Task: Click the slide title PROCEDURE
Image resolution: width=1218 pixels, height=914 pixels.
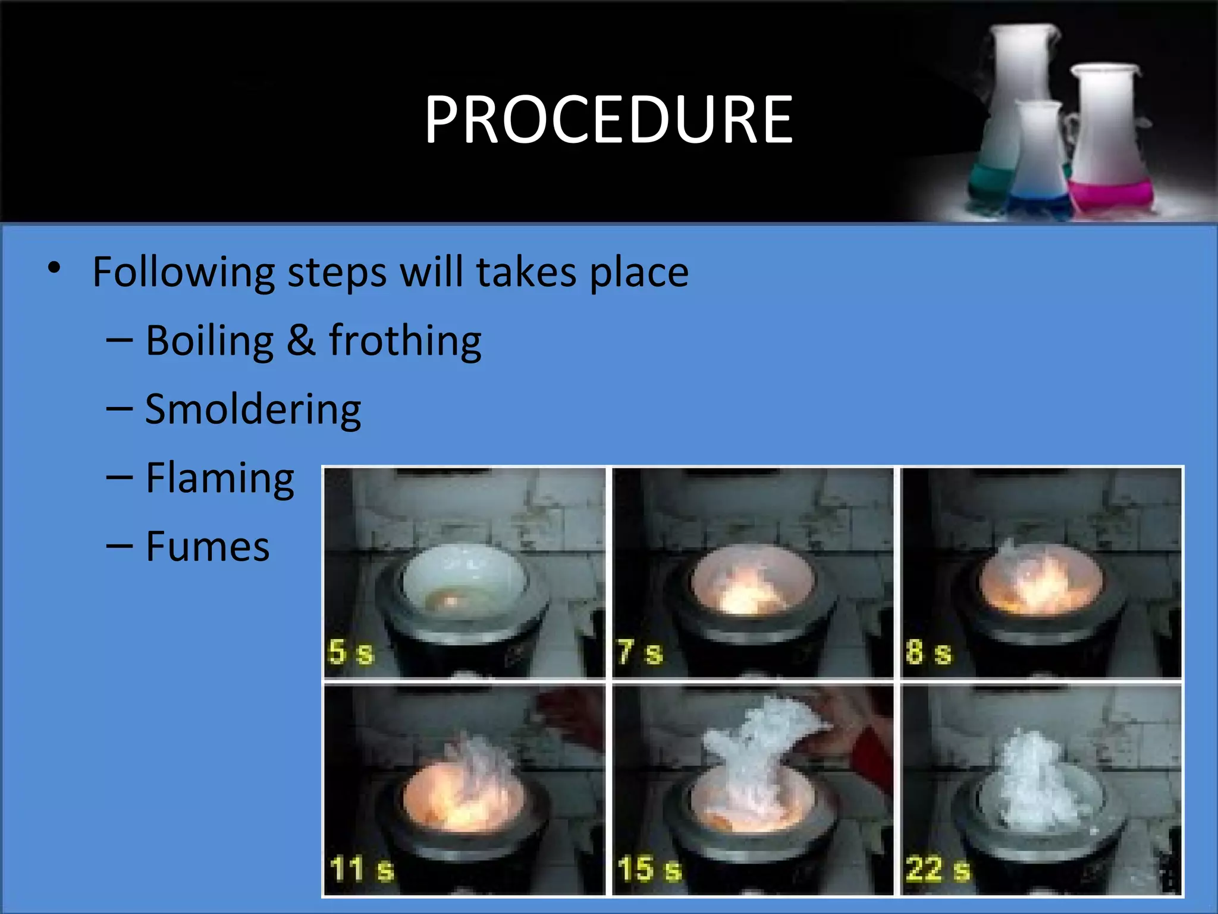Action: pyautogui.click(x=608, y=120)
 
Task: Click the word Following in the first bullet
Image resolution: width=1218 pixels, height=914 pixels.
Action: pyautogui.click(x=183, y=273)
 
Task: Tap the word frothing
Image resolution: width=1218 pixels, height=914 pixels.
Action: pyautogui.click(x=405, y=341)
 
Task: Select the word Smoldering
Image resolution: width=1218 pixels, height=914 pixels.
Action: pyautogui.click(x=253, y=410)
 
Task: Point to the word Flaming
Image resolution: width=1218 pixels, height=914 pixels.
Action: pyautogui.click(x=220, y=478)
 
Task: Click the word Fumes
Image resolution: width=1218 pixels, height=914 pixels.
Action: pyautogui.click(x=208, y=547)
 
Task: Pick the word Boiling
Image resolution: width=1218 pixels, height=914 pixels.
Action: pyautogui.click(x=209, y=341)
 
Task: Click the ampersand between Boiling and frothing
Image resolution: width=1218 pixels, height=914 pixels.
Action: pyautogui.click(x=301, y=341)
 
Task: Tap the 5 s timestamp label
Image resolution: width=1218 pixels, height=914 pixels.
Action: pyautogui.click(x=351, y=652)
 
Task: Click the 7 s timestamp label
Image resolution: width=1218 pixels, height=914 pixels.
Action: pyautogui.click(x=640, y=652)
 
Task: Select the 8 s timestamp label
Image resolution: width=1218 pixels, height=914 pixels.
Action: pyautogui.click(x=928, y=652)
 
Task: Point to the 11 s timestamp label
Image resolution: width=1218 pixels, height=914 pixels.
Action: pyautogui.click(x=362, y=869)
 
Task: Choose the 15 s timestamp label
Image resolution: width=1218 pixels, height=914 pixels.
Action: pyautogui.click(x=649, y=869)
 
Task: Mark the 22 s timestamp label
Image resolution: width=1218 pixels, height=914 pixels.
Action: pyautogui.click(x=938, y=869)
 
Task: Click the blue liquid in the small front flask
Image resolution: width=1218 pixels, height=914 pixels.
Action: pyautogui.click(x=1040, y=202)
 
